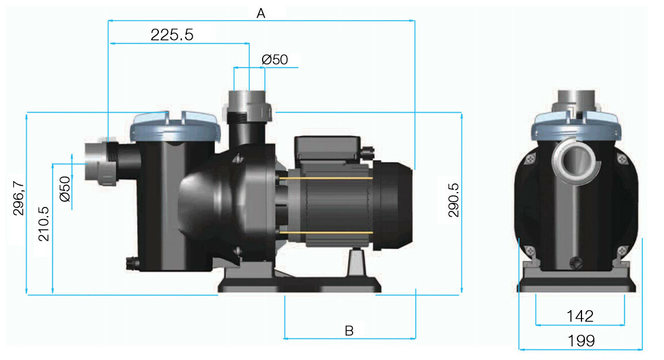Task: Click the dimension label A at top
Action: point(261,14)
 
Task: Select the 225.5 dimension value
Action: point(172,35)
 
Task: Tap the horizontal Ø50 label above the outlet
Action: point(274,60)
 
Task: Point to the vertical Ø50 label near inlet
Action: point(65,189)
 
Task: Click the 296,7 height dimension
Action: point(18,198)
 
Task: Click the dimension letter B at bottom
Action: point(349,331)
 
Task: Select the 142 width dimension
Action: point(580,316)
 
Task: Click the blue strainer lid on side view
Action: point(175,128)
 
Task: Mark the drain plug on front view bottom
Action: point(575,263)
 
